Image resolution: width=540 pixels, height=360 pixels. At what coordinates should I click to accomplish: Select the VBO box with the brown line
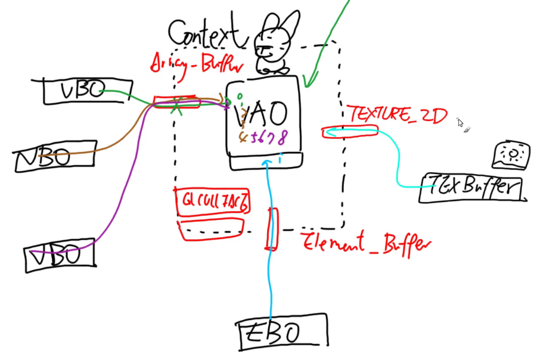[x=55, y=157]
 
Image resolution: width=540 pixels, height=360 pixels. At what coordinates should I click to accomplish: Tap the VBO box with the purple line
[x=60, y=256]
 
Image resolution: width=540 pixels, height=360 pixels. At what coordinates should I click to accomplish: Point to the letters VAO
[x=262, y=114]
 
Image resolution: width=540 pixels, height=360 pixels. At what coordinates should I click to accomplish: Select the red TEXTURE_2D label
[x=396, y=114]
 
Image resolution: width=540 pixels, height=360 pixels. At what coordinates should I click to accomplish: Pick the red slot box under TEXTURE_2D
[x=350, y=132]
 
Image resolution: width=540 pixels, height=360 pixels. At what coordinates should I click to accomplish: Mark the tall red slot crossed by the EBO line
[x=272, y=228]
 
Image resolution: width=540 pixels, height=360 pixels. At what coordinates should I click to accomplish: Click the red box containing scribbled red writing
[x=213, y=201]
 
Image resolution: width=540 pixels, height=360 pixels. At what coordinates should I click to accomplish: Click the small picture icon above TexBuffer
[x=511, y=156]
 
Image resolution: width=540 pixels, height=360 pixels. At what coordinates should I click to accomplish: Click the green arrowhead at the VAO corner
[x=305, y=82]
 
